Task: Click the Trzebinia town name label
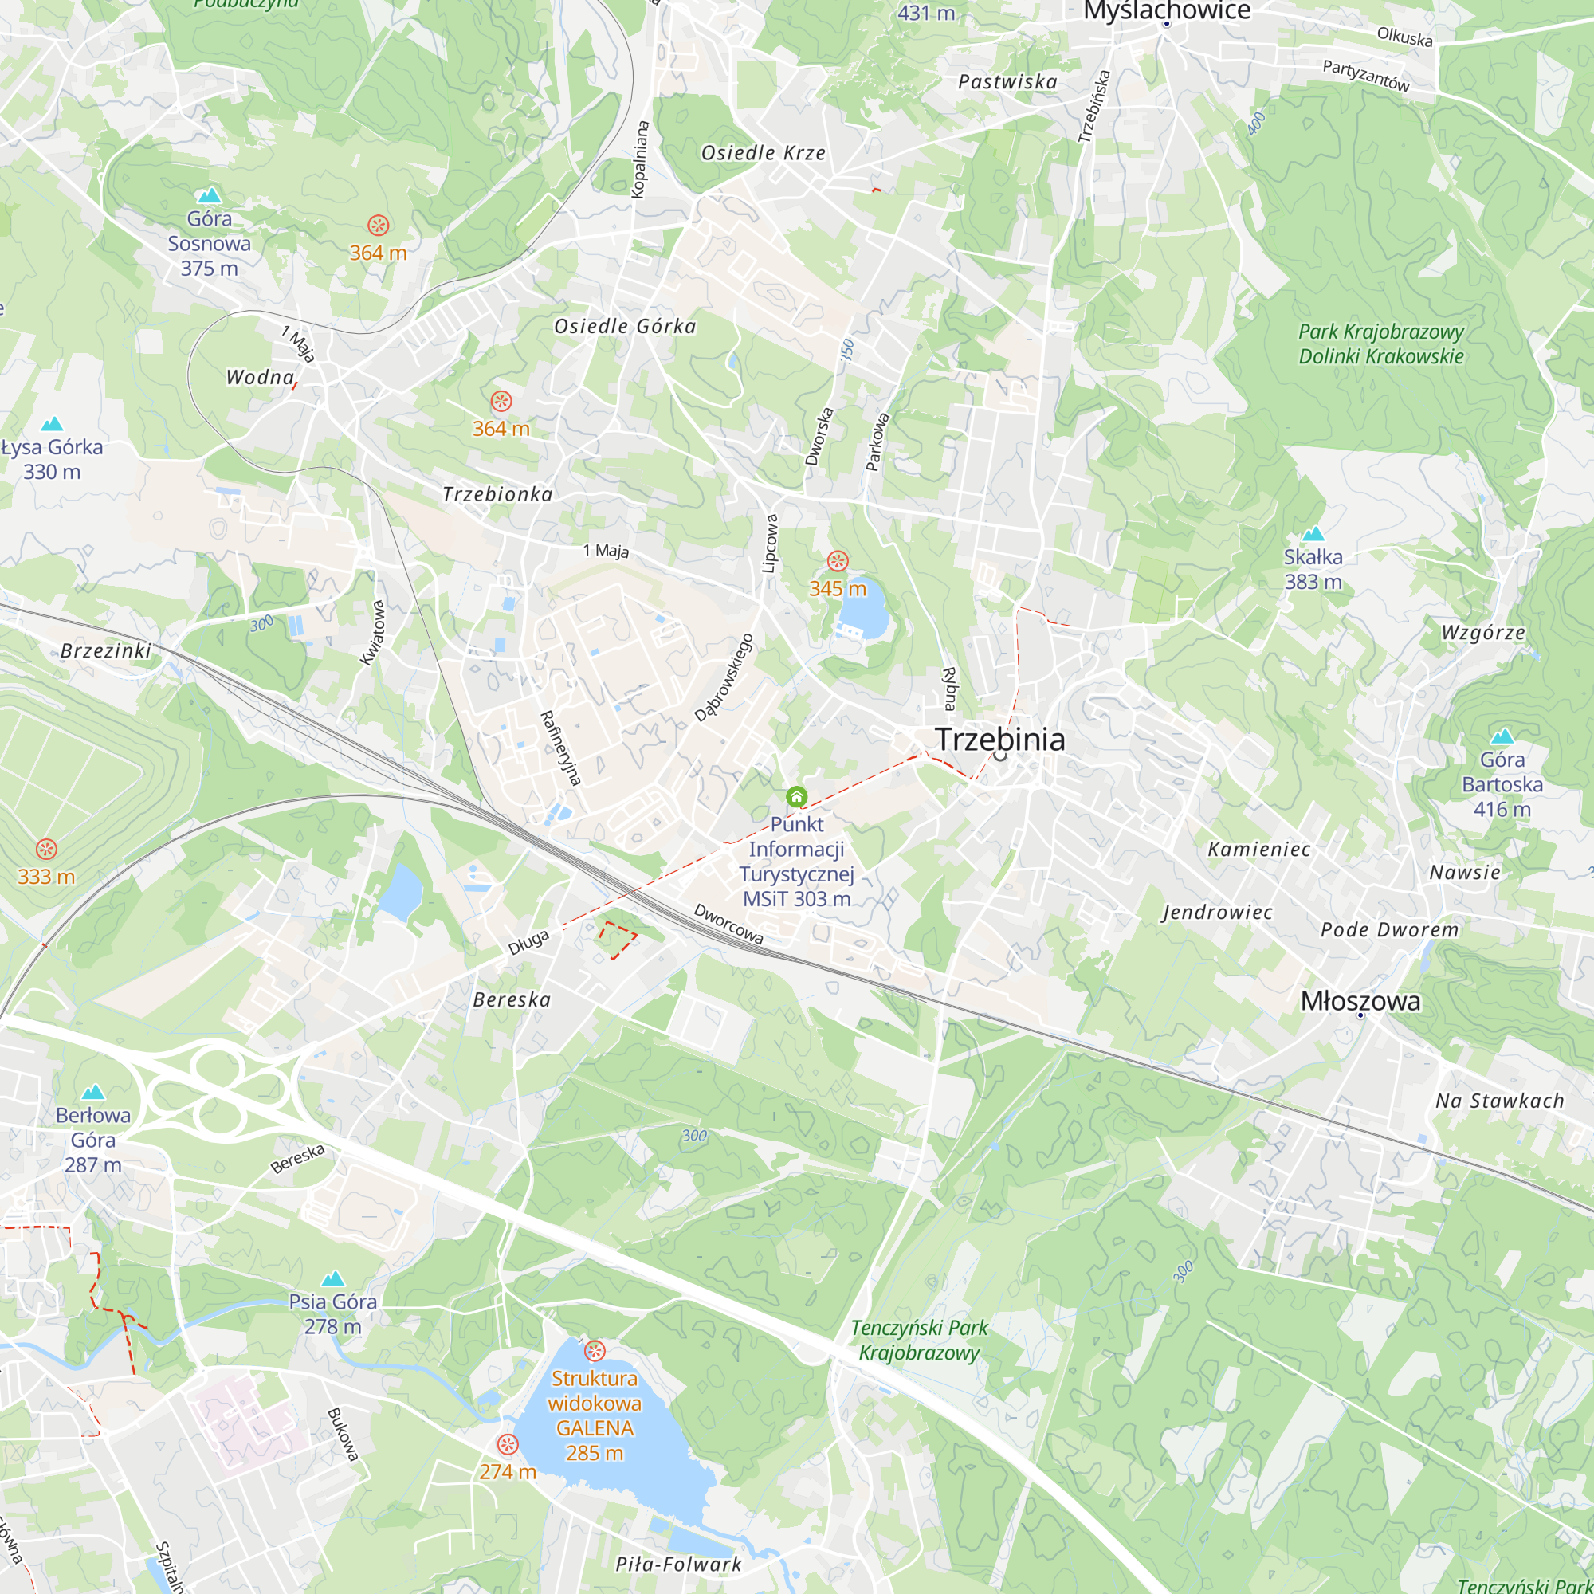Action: [999, 740]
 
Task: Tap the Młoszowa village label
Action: [1360, 1001]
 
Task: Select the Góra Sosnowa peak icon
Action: [210, 195]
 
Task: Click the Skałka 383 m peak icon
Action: [1313, 534]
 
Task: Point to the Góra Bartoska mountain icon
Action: [1502, 736]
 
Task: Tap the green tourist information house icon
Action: [796, 797]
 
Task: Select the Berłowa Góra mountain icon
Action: [93, 1093]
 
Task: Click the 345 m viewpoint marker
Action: [838, 562]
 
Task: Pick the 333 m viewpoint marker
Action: [47, 849]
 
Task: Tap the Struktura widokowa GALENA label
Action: [594, 1415]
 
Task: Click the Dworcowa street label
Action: [728, 924]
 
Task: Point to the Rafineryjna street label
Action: [561, 748]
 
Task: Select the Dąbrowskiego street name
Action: [724, 677]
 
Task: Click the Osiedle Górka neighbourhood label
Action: [625, 327]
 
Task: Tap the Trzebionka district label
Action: [497, 494]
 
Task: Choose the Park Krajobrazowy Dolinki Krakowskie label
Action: [1380, 344]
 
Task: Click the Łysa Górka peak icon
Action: [52, 424]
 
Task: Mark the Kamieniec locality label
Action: [1258, 849]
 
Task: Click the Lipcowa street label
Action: [770, 544]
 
